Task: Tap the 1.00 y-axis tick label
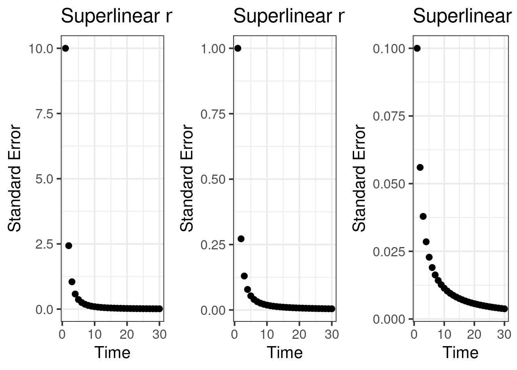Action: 213,49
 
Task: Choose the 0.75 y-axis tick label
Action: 213,114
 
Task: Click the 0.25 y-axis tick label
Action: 213,244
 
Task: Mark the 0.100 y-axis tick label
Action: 389,49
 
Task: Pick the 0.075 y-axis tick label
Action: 389,116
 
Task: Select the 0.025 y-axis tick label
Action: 389,252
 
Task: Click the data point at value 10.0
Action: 65,48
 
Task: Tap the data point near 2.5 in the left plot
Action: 68,246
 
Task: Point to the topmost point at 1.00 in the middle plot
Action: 238,48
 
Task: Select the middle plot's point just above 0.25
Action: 241,239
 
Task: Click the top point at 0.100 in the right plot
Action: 417,48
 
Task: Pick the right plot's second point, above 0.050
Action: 420,167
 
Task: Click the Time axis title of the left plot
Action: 112,352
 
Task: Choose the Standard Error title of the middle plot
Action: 187,178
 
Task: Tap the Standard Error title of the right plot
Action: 359,178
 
